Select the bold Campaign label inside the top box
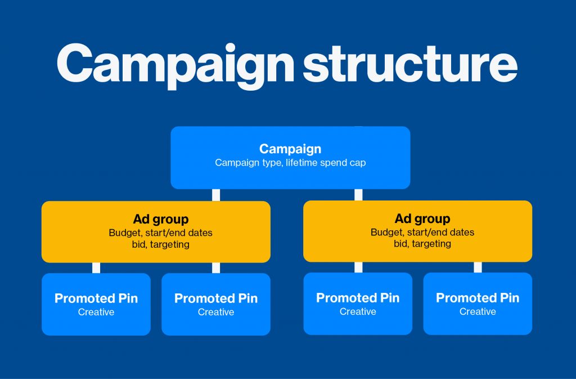pyautogui.click(x=290, y=149)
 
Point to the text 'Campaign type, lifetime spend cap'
pyautogui.click(x=290, y=163)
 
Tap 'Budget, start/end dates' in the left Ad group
pyautogui.click(x=161, y=233)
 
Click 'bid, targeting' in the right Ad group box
pyautogui.click(x=422, y=244)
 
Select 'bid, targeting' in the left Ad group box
pyautogui.click(x=161, y=244)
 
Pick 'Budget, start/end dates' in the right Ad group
pyautogui.click(x=422, y=232)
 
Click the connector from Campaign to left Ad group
pyautogui.click(x=216, y=195)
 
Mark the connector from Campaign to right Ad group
pyautogui.click(x=358, y=194)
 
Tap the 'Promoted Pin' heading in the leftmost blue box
pyautogui.click(x=96, y=298)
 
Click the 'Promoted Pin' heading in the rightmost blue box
pyautogui.click(x=478, y=298)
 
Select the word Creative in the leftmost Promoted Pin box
pyautogui.click(x=96, y=312)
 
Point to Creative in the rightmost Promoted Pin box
pyautogui.click(x=478, y=311)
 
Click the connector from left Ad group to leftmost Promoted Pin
pyautogui.click(x=96, y=267)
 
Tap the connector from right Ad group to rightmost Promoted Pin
pyautogui.click(x=478, y=267)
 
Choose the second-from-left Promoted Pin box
pyautogui.click(x=216, y=304)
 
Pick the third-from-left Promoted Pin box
pyautogui.click(x=358, y=304)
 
